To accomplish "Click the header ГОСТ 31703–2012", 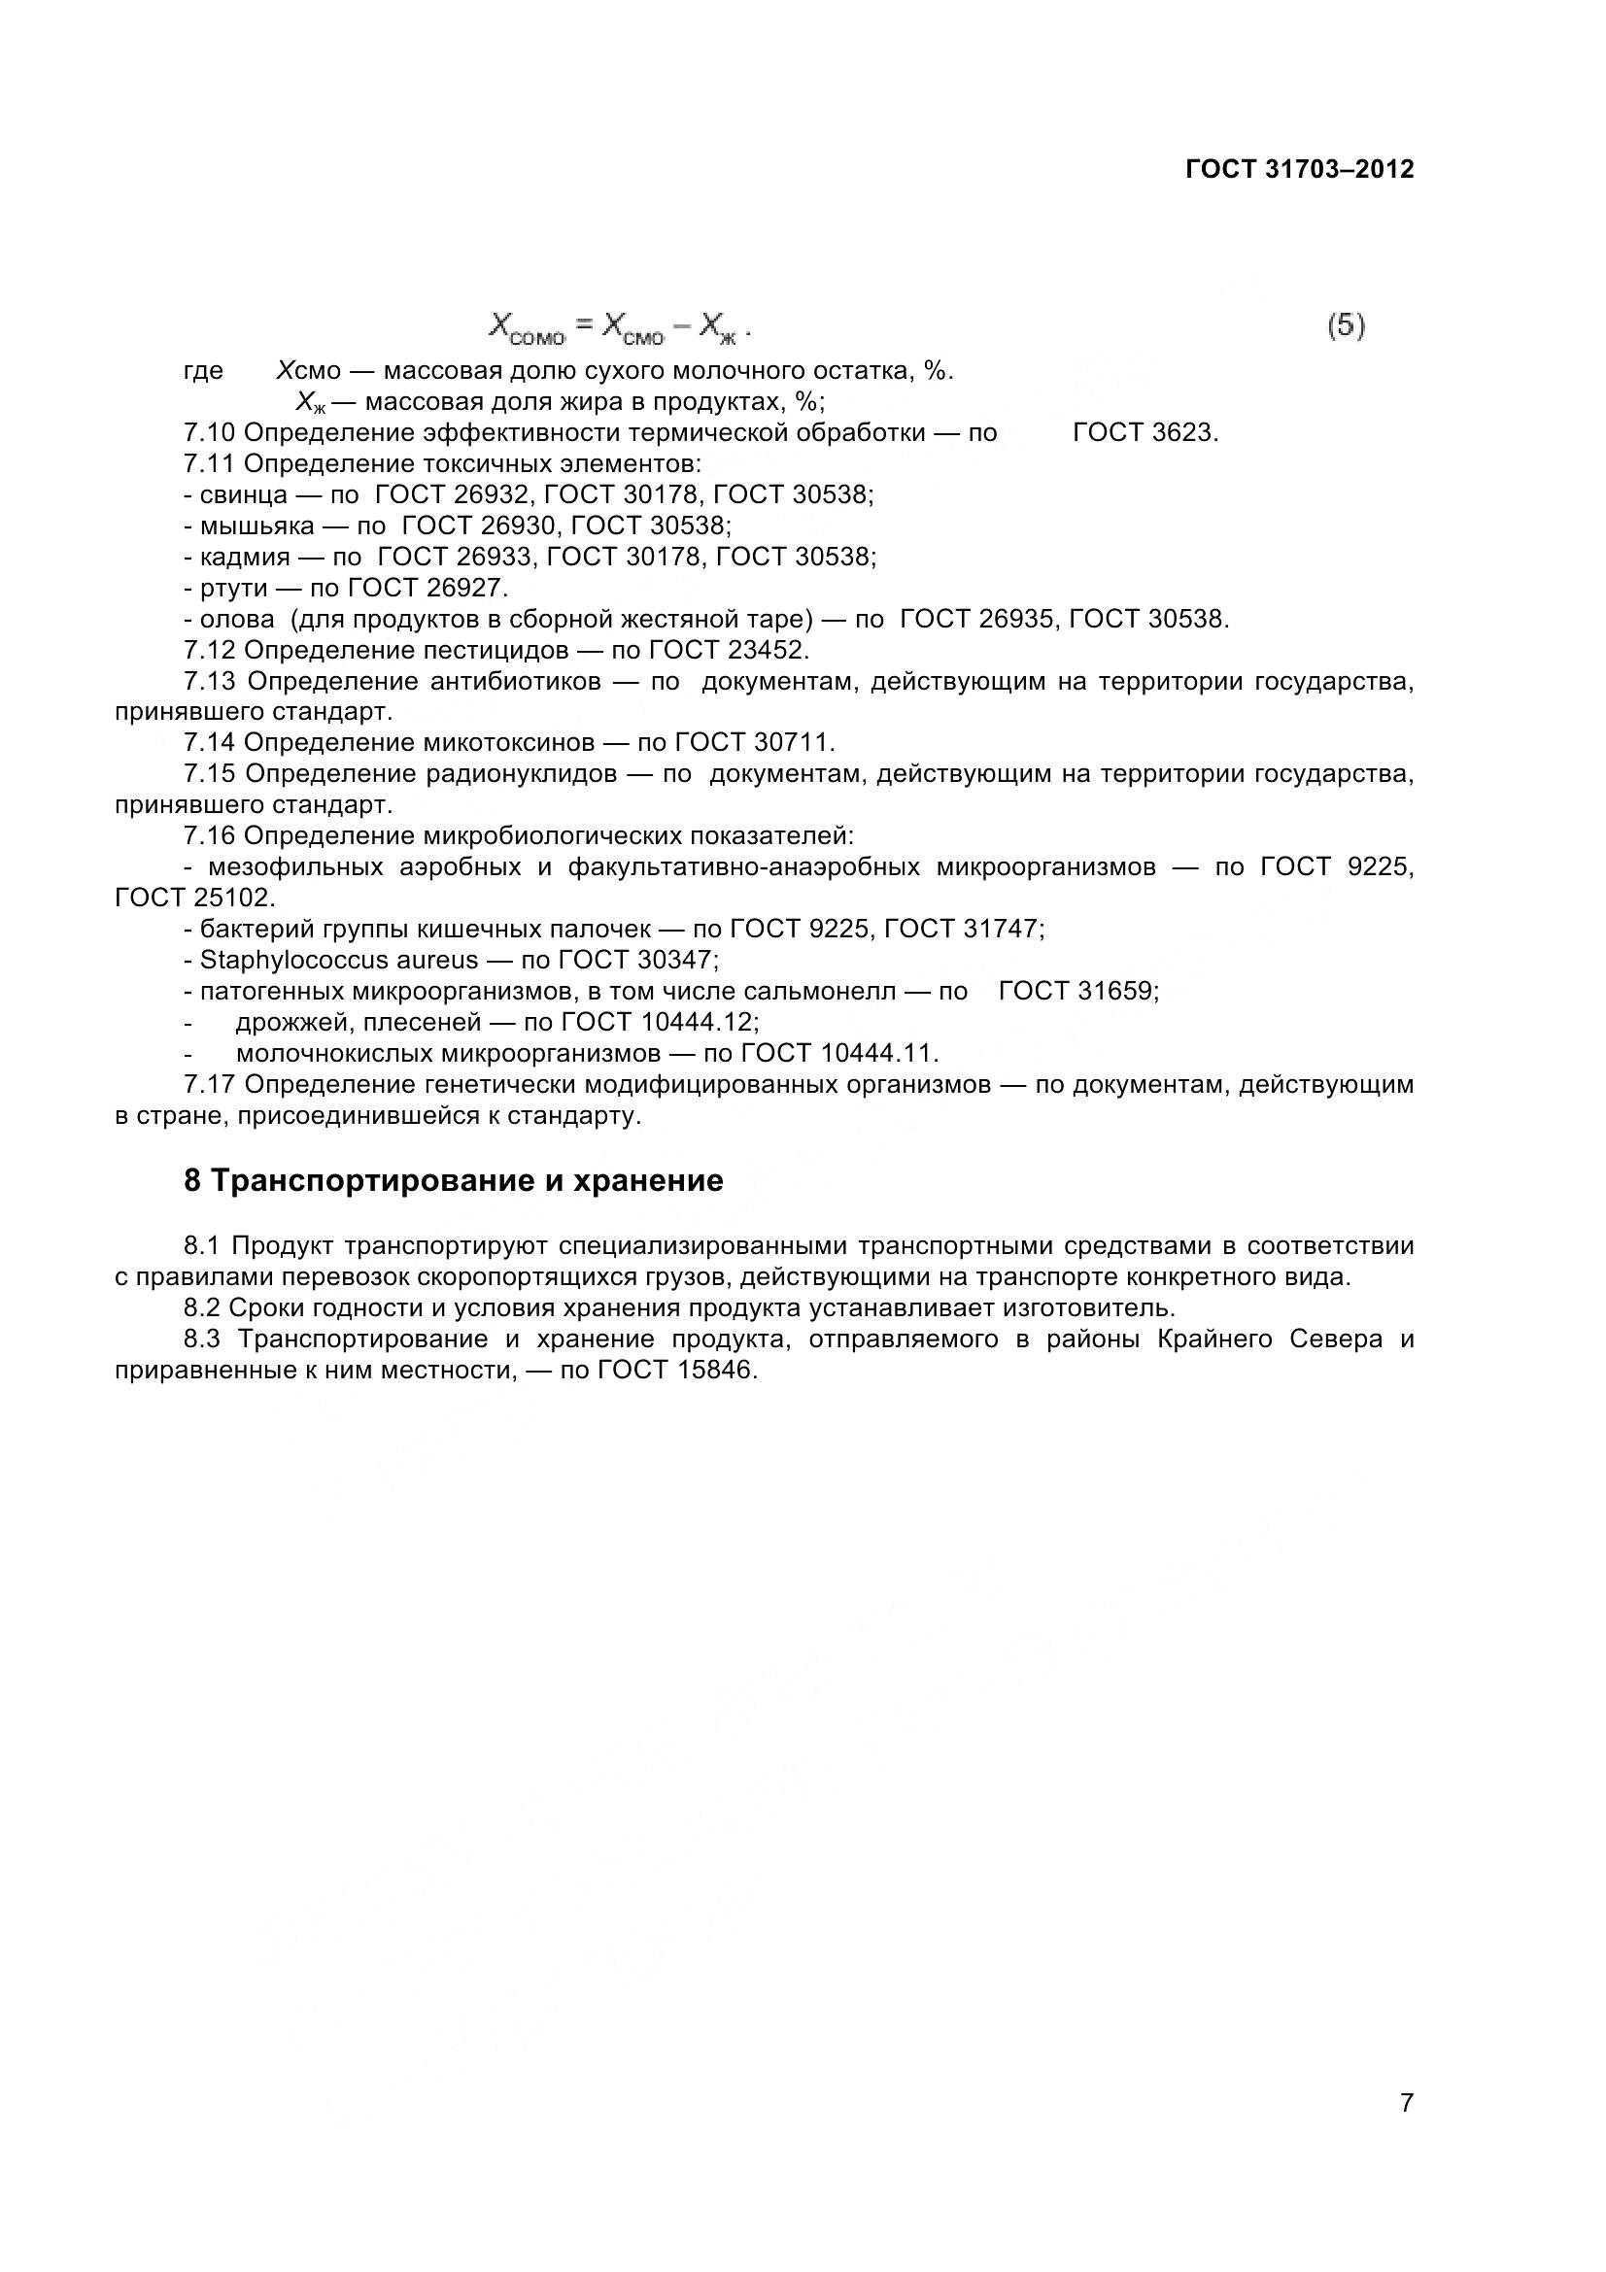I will click(1299, 169).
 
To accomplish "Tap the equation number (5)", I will click(1346, 325).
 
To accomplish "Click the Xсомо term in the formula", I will click(527, 327).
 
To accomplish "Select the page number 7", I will click(1406, 2130).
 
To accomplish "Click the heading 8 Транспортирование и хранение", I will click(453, 1180).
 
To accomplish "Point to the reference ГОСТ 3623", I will click(1145, 432).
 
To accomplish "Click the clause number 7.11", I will click(210, 463).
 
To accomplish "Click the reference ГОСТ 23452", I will click(729, 650).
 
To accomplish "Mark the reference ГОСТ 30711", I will click(754, 742).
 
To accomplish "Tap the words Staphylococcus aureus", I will click(338, 960).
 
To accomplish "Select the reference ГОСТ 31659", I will click(1077, 991).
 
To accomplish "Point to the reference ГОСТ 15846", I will click(678, 1372).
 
